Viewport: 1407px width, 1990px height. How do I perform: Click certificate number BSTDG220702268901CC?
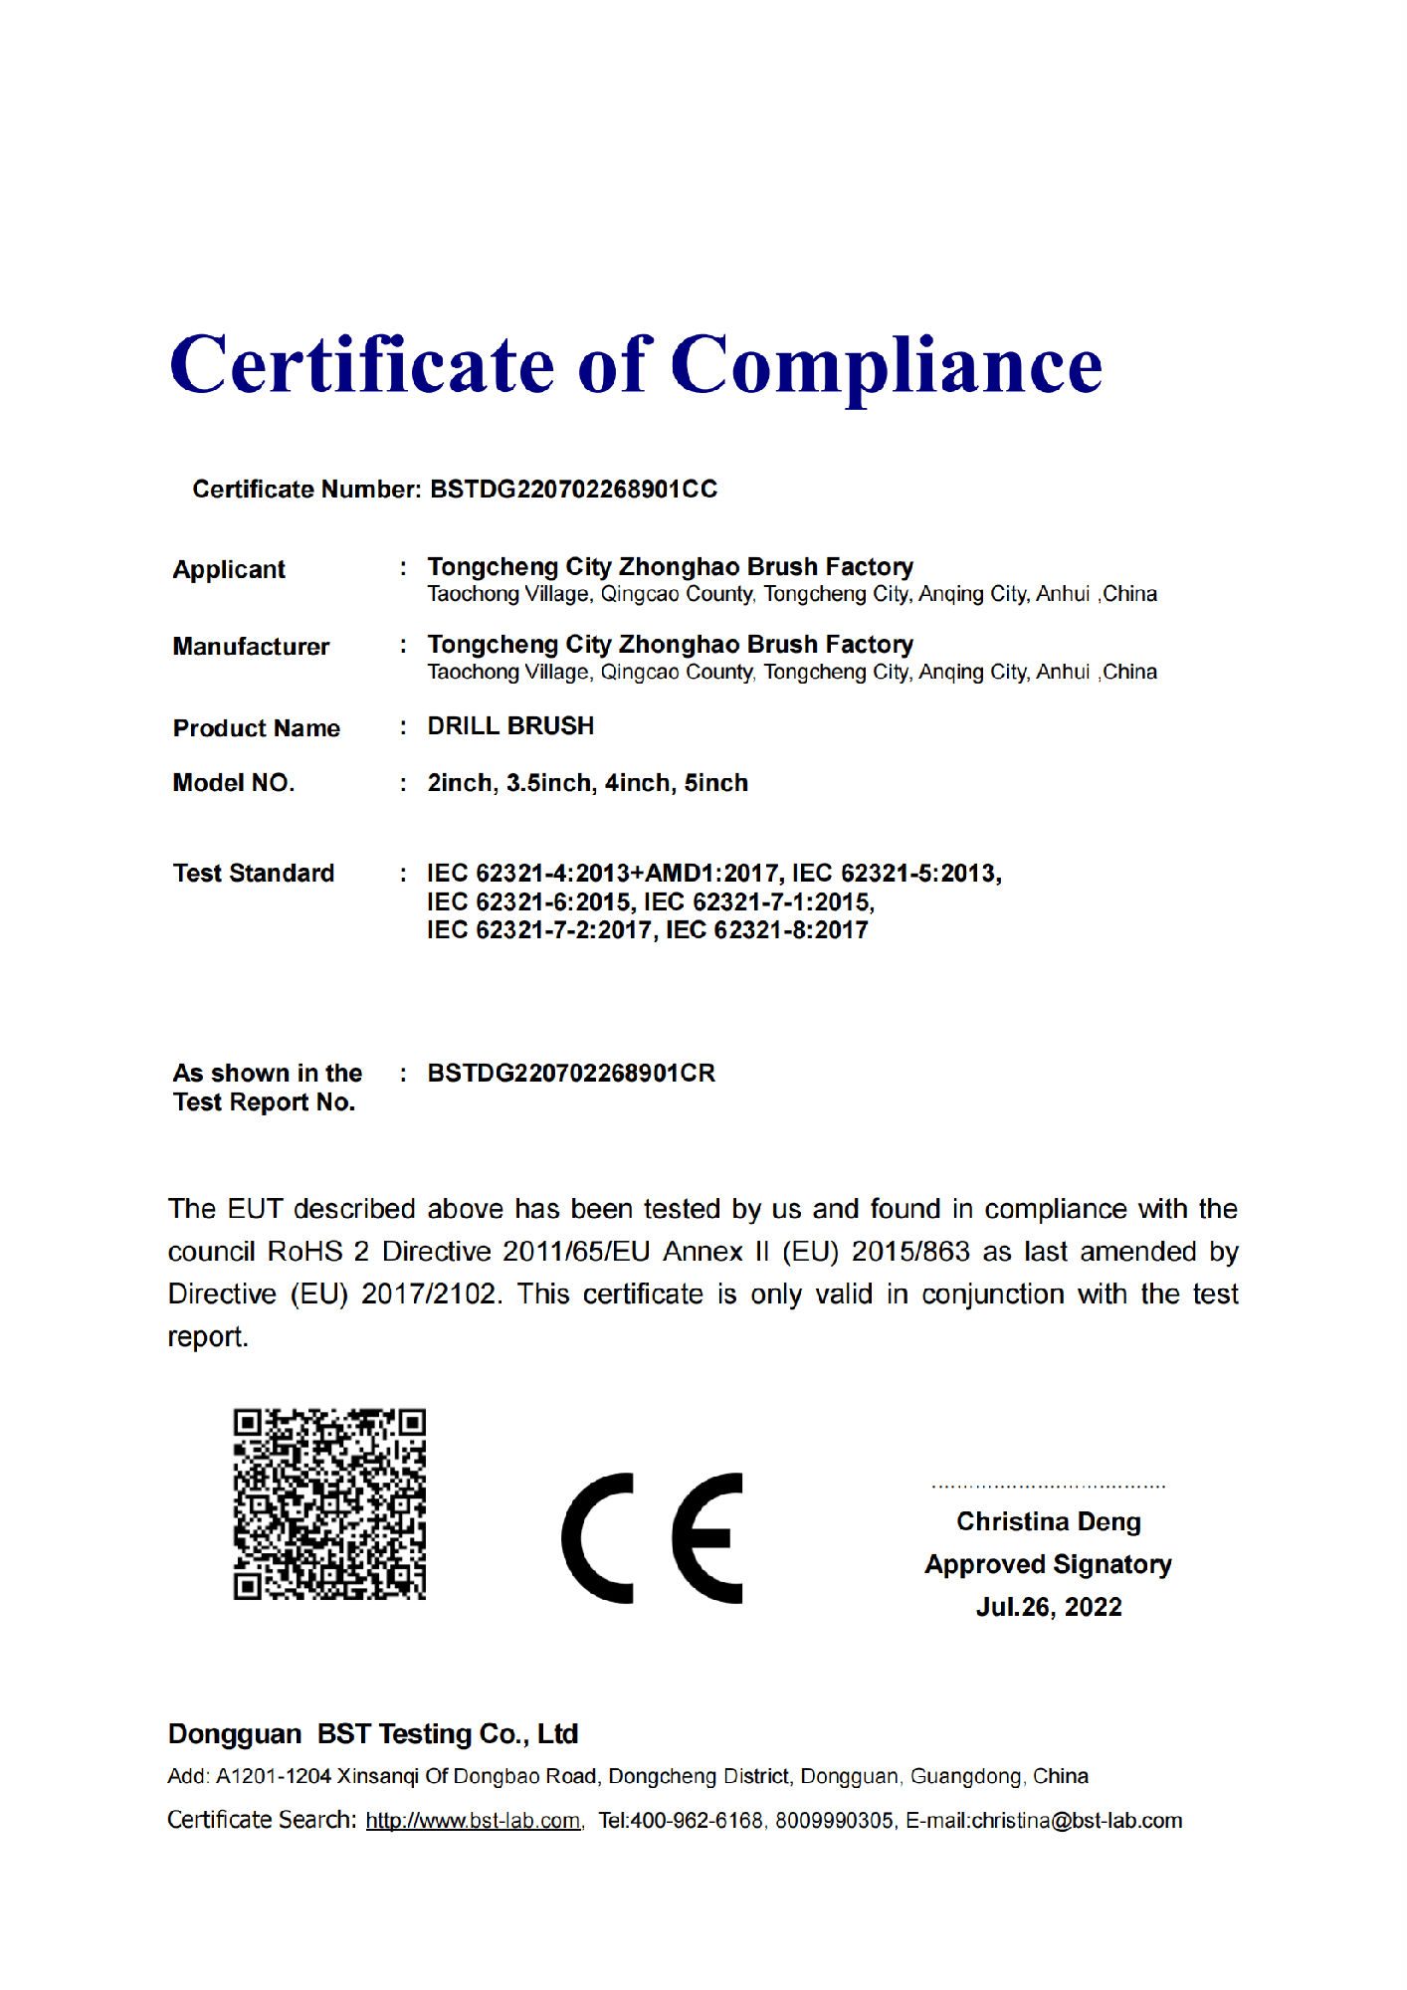pyautogui.click(x=573, y=490)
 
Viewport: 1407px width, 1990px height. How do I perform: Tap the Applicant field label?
pyautogui.click(x=229, y=569)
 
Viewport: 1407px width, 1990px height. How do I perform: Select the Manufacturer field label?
pyautogui.click(x=251, y=647)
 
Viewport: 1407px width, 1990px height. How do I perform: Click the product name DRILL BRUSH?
pyautogui.click(x=510, y=726)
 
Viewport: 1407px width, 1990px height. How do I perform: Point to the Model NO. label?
pyautogui.click(x=234, y=783)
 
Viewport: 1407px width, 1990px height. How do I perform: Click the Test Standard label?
pyautogui.click(x=254, y=874)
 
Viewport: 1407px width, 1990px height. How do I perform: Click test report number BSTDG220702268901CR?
pyautogui.click(x=571, y=1074)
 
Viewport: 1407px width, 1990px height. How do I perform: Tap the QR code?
pyautogui.click(x=329, y=1503)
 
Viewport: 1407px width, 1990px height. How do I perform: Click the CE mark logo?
pyautogui.click(x=652, y=1538)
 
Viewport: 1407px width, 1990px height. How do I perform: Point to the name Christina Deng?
pyautogui.click(x=1049, y=1522)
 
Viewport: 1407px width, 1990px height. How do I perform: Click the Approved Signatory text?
pyautogui.click(x=1049, y=1565)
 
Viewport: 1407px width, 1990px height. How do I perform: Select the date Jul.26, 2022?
pyautogui.click(x=1049, y=1608)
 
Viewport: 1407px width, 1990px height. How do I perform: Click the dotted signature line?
pyautogui.click(x=1049, y=1487)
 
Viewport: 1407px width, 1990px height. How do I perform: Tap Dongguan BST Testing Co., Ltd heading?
pyautogui.click(x=373, y=1734)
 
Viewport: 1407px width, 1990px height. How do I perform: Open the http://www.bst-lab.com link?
pyautogui.click(x=473, y=1821)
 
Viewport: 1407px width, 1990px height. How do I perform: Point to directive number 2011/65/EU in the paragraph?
pyautogui.click(x=575, y=1252)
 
